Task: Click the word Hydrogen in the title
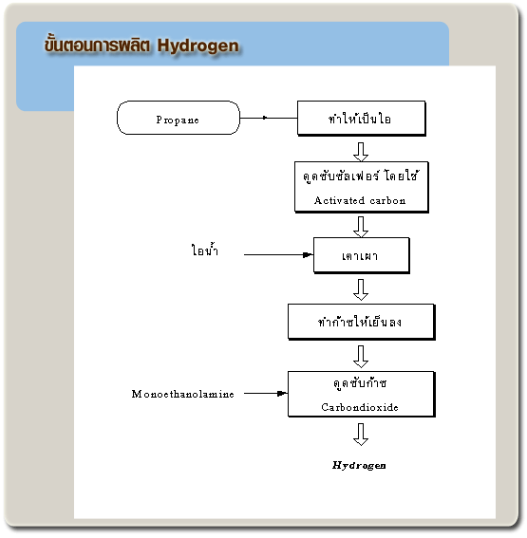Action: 198,46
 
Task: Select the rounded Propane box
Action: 179,118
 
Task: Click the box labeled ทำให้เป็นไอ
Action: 362,119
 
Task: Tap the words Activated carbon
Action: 360,200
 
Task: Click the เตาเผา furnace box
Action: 362,255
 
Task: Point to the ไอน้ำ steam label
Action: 204,250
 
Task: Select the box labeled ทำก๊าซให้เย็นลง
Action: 362,322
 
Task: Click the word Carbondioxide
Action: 360,407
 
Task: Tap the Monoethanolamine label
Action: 182,394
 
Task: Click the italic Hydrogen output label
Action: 359,465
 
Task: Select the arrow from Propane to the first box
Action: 269,118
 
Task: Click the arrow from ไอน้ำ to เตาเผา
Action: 278,254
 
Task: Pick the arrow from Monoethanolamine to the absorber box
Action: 266,393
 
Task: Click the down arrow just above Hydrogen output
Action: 361,435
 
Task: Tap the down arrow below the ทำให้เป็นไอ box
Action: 361,152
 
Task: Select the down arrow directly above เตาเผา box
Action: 361,227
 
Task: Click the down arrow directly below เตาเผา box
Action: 361,289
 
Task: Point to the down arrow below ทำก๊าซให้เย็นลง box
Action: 361,357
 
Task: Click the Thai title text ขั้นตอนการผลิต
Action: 97,45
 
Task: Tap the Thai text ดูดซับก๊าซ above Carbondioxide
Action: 360,383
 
